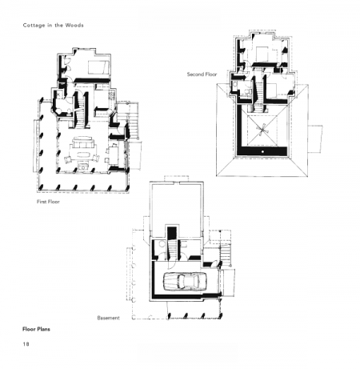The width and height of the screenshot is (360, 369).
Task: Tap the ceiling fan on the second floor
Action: (262, 130)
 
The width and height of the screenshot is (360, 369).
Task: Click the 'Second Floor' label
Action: (202, 74)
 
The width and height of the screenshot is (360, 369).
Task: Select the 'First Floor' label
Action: (48, 202)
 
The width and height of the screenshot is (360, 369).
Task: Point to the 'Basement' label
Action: (108, 318)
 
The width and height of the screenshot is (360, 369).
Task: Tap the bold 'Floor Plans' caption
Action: (36, 329)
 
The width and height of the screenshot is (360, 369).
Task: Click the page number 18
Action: (26, 344)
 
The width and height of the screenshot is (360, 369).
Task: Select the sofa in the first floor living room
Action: (82, 142)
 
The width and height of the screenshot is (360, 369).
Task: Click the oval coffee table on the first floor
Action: (83, 154)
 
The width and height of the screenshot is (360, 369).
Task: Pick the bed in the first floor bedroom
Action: (98, 67)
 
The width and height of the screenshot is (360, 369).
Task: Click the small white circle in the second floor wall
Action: (262, 151)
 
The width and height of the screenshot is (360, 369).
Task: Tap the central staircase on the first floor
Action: (81, 110)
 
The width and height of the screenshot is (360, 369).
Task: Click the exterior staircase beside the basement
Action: (226, 253)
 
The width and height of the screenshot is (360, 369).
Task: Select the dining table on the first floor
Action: (113, 155)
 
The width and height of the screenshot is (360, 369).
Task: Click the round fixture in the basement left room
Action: (162, 244)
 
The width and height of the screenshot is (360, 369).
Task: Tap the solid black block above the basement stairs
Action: (172, 233)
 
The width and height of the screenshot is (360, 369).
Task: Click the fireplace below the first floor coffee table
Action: (83, 166)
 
